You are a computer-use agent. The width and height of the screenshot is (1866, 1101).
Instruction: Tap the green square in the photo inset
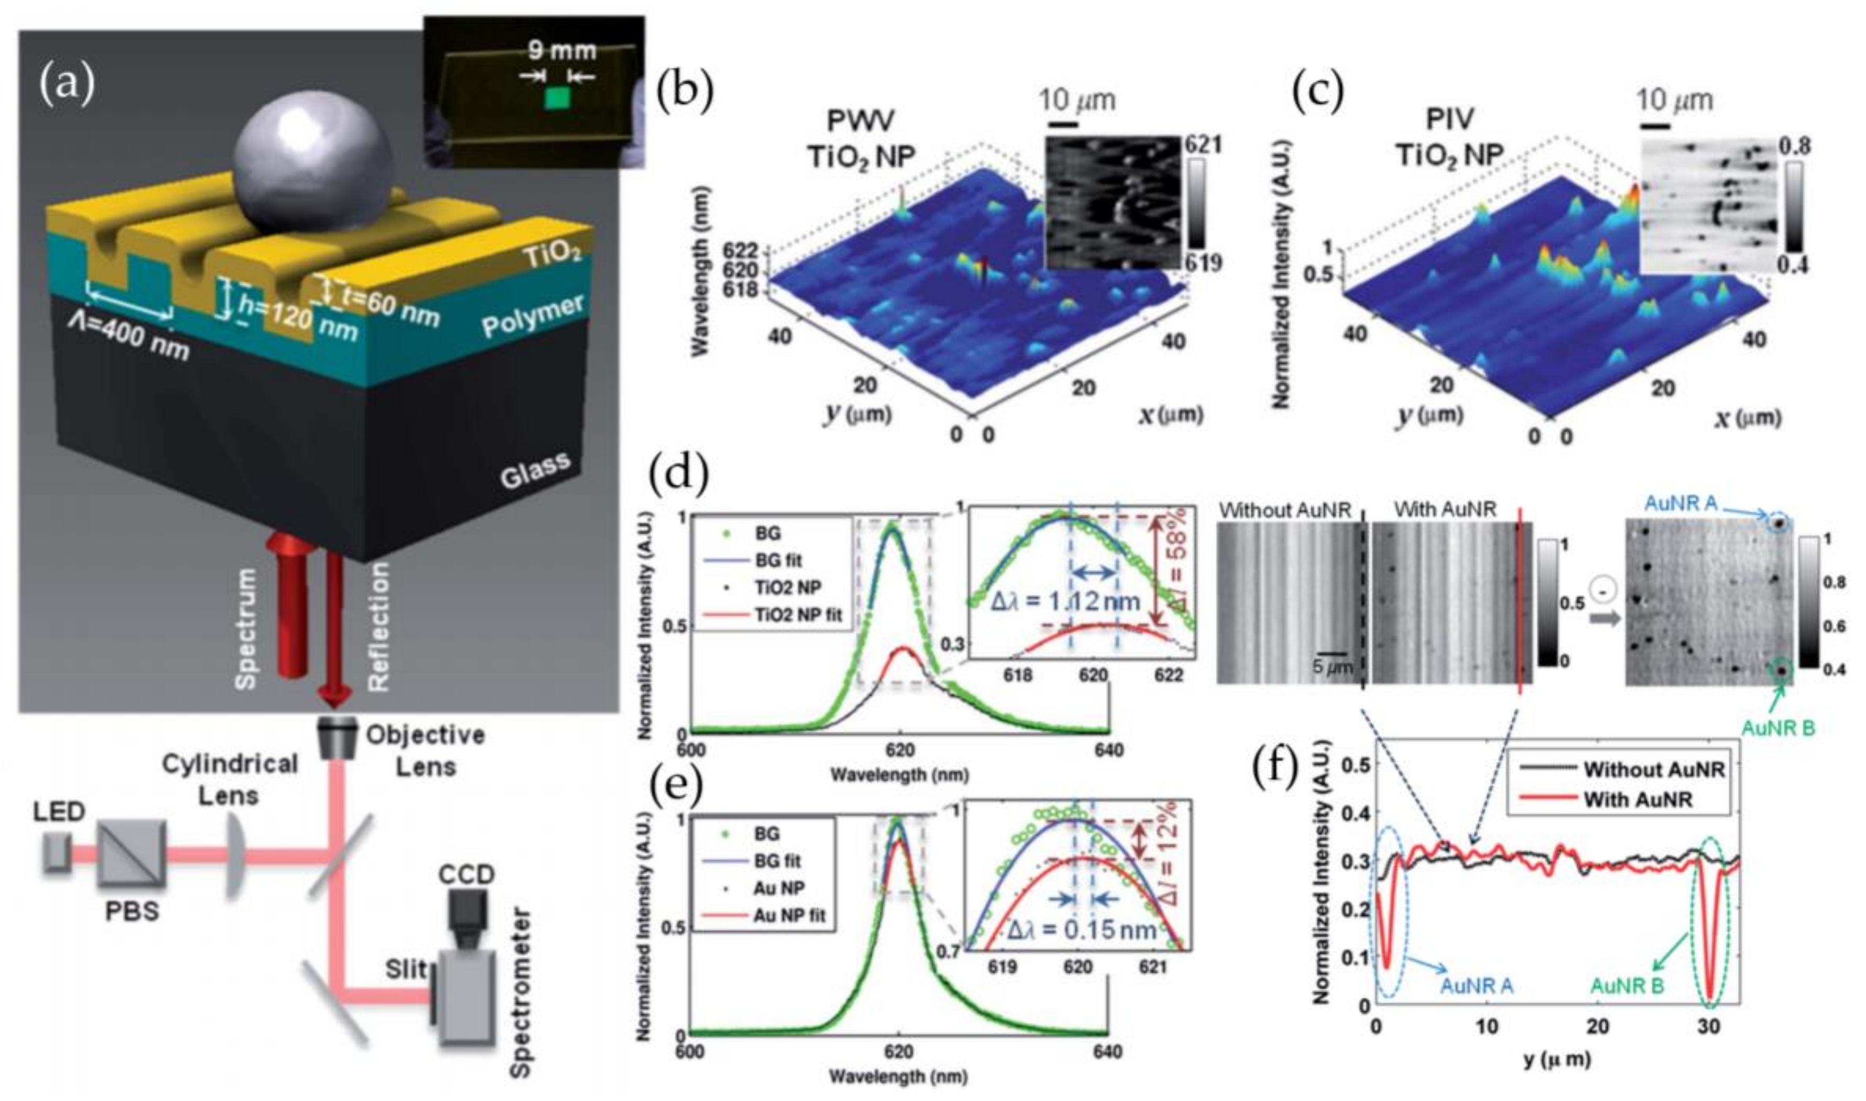(x=557, y=98)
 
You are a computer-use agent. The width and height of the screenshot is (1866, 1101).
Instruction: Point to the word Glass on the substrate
(x=536, y=471)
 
